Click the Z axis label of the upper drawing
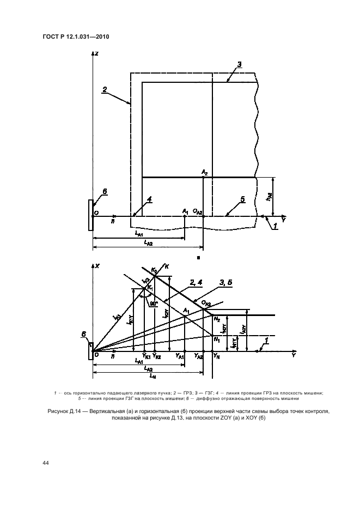[96, 54]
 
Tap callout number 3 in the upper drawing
[239, 64]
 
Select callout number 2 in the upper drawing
[105, 88]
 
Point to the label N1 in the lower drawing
[216, 339]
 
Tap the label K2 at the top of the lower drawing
[155, 271]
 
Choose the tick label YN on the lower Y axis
[216, 356]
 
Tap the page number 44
[46, 463]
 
